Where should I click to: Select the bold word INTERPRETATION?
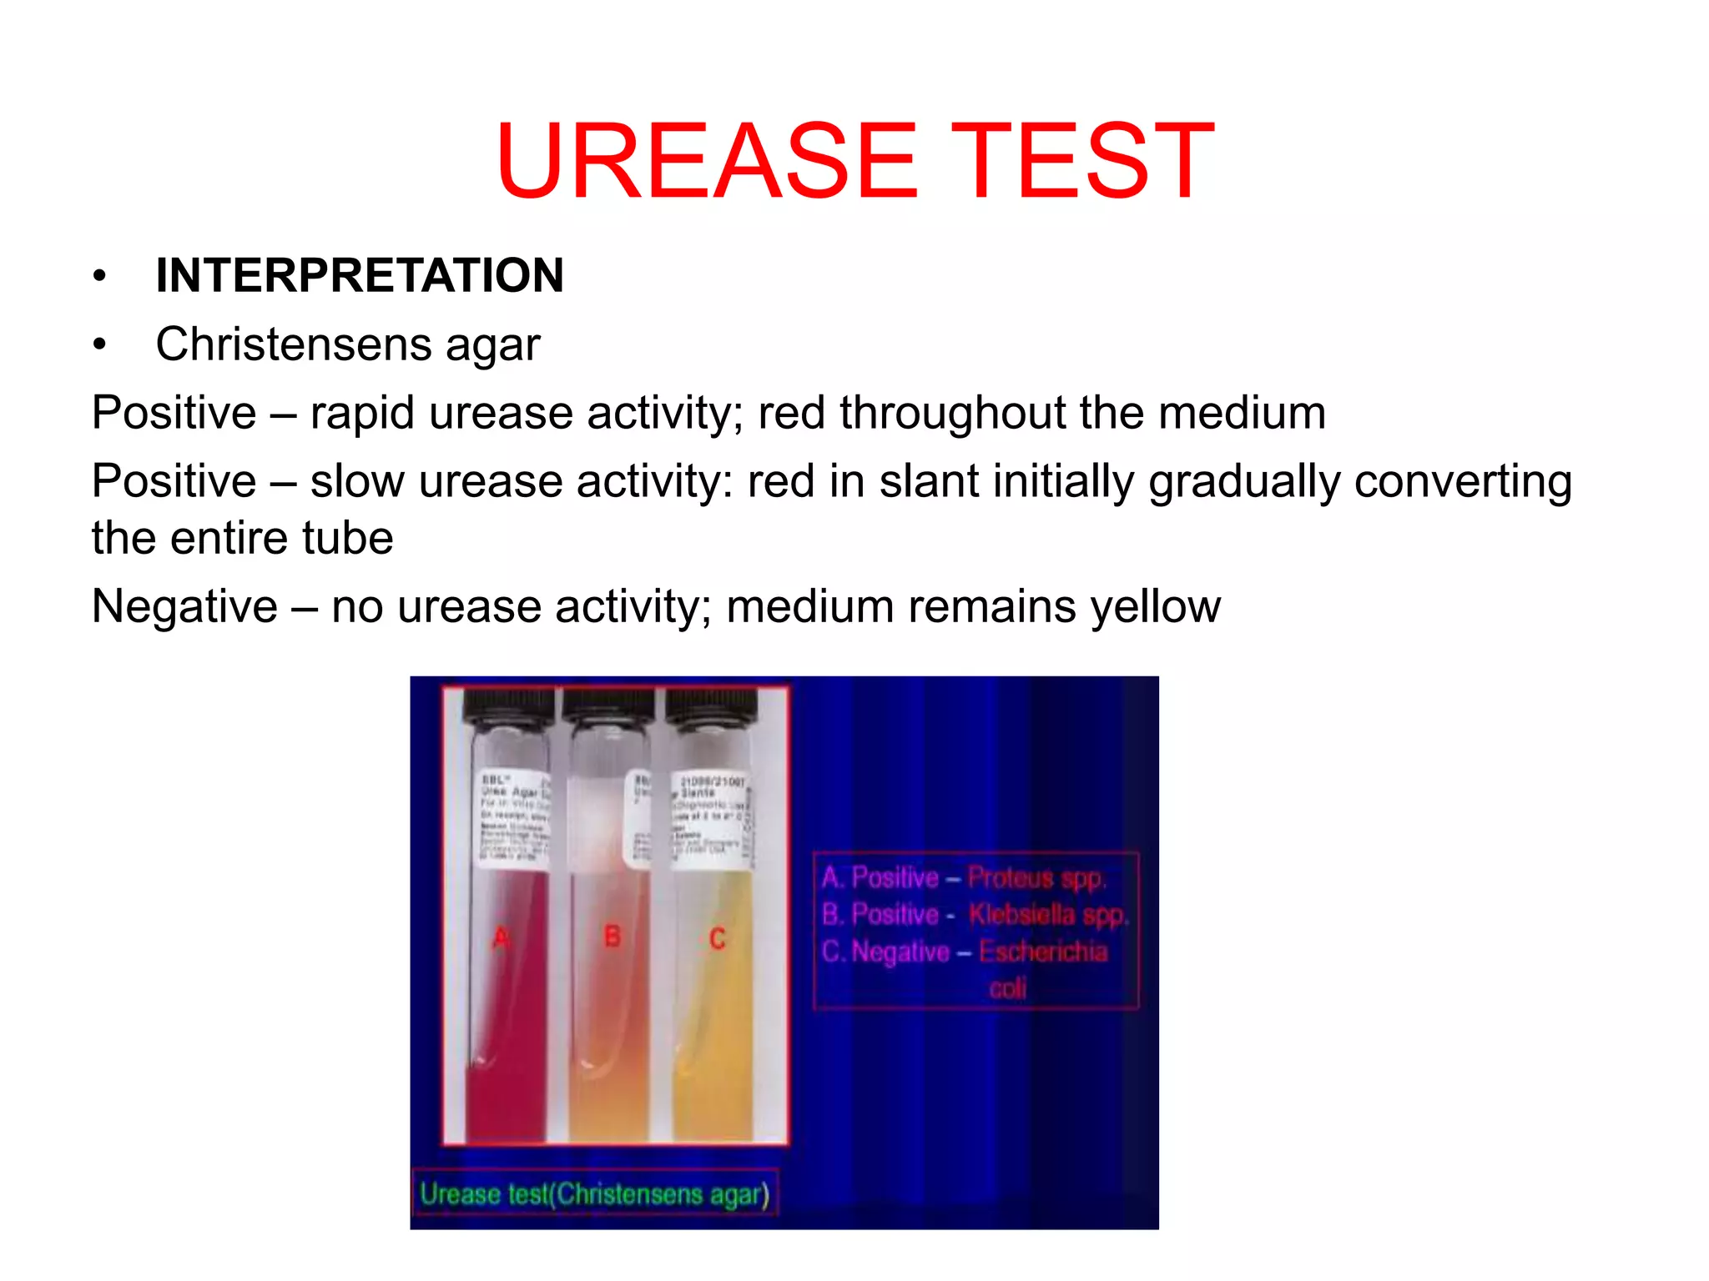point(360,275)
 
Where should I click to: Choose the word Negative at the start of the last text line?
point(184,606)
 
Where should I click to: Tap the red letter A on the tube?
point(501,938)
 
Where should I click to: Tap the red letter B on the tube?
point(613,937)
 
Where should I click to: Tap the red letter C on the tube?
point(717,939)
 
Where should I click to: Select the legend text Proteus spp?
point(1036,878)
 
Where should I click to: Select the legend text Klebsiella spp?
point(1048,915)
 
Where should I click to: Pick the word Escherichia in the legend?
point(1043,952)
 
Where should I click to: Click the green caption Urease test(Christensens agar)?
point(593,1194)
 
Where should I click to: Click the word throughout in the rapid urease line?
point(951,414)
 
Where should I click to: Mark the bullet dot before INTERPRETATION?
point(100,276)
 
